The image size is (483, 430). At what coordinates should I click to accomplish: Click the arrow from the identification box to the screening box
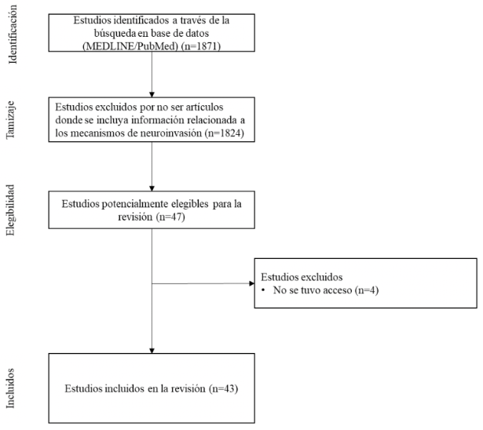151,75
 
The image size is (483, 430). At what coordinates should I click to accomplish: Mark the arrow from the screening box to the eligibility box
151,164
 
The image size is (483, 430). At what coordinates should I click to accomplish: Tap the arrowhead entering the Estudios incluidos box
151,348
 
